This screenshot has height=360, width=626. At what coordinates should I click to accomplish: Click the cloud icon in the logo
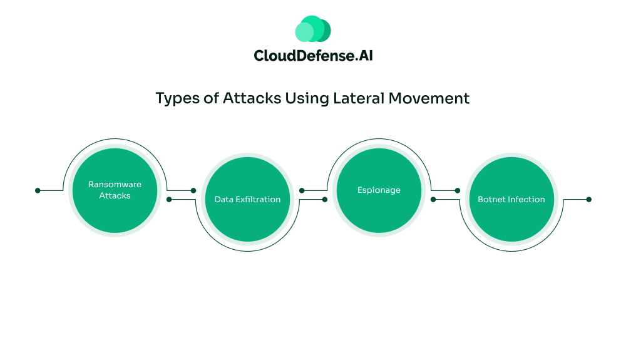(x=313, y=29)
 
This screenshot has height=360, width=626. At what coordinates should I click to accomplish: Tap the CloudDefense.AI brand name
(x=313, y=56)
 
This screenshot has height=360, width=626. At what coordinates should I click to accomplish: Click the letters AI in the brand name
(x=364, y=56)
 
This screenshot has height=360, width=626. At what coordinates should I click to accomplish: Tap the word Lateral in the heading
(x=356, y=98)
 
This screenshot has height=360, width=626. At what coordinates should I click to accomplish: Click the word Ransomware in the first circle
(x=115, y=185)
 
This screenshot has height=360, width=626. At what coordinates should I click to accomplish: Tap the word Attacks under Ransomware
(x=115, y=196)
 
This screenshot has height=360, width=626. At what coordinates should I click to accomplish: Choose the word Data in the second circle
(x=224, y=200)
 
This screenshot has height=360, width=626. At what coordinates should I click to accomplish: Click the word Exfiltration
(x=258, y=200)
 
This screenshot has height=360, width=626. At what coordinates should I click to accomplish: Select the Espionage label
(x=379, y=190)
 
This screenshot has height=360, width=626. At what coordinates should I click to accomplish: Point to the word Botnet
(x=490, y=200)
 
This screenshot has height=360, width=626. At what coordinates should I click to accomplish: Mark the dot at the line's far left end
(x=38, y=190)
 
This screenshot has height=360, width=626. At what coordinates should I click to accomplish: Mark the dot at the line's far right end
(x=588, y=200)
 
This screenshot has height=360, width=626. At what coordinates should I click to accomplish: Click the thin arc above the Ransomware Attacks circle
(x=115, y=140)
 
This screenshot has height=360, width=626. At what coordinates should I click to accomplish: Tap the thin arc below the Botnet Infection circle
(x=511, y=251)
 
